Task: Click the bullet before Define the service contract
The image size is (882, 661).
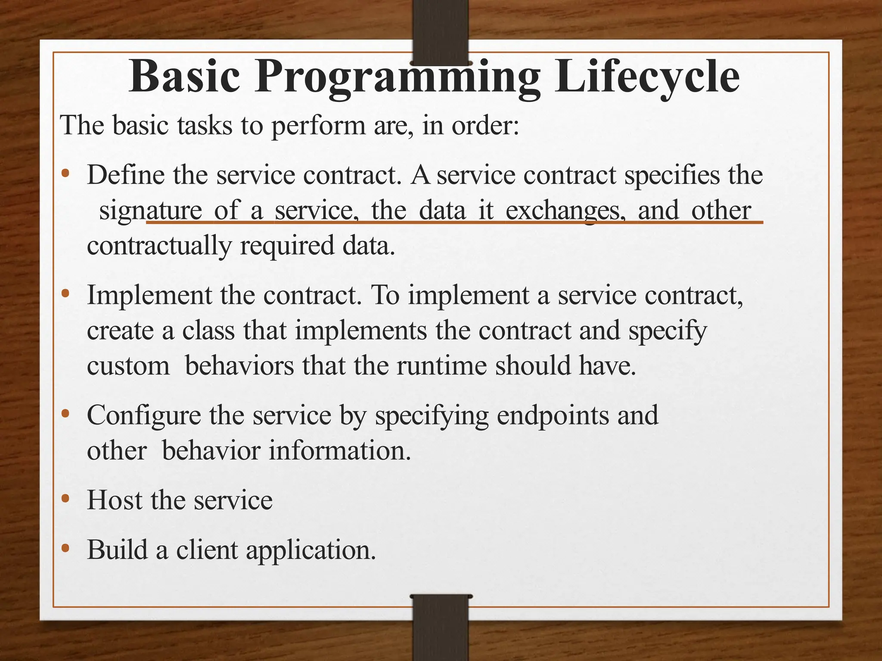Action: tap(65, 174)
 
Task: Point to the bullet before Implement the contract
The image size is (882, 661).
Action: tap(65, 294)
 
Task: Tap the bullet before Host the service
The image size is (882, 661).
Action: tap(65, 499)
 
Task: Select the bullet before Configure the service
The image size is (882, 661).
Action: tap(65, 414)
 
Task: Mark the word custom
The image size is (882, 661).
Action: tap(128, 366)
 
